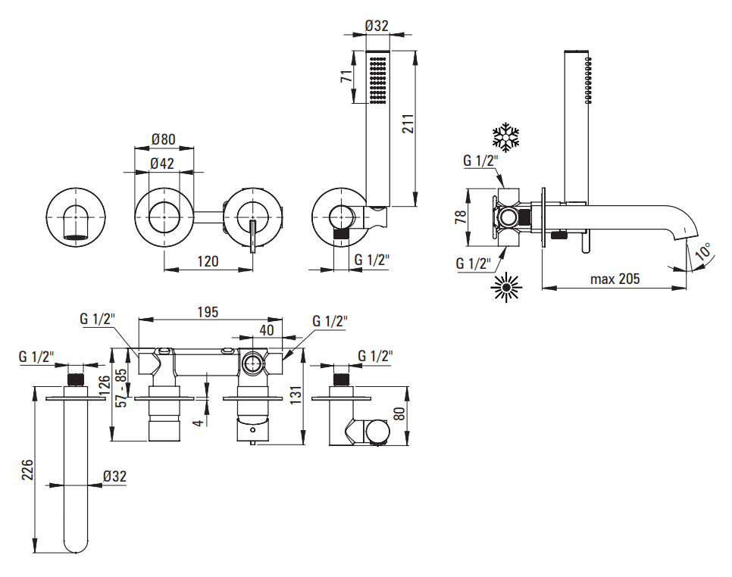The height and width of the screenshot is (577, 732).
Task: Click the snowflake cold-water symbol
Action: [506, 137]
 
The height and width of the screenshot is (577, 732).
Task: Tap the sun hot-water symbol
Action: [506, 287]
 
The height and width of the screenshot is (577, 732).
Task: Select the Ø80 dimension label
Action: [163, 139]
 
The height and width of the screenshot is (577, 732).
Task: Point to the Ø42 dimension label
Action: [163, 163]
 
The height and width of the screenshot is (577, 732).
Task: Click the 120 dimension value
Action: [207, 261]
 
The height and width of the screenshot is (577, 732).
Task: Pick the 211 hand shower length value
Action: [408, 126]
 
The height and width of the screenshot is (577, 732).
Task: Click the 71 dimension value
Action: [346, 76]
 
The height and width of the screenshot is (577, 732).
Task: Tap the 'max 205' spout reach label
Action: [615, 279]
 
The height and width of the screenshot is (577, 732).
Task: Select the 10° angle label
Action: [702, 252]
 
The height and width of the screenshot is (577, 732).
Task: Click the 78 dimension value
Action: [461, 218]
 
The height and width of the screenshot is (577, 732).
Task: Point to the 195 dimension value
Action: [208, 311]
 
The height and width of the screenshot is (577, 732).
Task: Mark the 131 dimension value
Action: [296, 395]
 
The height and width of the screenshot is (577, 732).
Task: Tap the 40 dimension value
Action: [266, 329]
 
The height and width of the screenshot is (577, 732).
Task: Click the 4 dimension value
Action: [198, 420]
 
